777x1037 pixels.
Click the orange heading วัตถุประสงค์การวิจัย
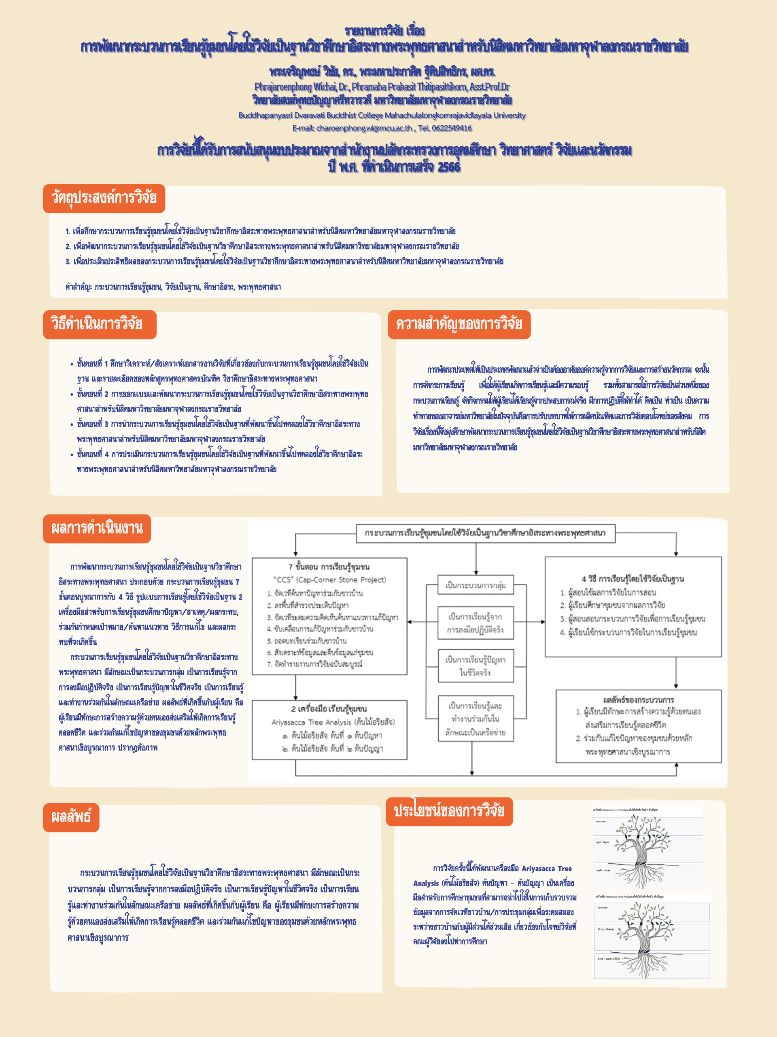[104, 198]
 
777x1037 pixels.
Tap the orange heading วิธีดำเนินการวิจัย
[99, 324]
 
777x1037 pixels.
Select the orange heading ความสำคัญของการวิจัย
[459, 324]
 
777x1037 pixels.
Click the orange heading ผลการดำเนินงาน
[97, 529]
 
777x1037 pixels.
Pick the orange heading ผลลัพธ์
[71, 817]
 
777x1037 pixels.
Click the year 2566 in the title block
[449, 167]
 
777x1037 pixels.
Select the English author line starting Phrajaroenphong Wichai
[382, 87]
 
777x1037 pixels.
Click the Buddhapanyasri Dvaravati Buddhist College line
[382, 115]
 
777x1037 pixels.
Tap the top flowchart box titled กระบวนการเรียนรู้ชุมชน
[485, 533]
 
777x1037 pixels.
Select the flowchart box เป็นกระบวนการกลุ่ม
[476, 585]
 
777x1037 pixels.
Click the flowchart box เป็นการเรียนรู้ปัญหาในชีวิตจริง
[476, 666]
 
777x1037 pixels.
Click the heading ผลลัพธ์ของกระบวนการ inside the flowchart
[638, 700]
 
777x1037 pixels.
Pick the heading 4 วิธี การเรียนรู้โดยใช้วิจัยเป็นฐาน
[633, 579]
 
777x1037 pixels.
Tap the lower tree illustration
[652, 938]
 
